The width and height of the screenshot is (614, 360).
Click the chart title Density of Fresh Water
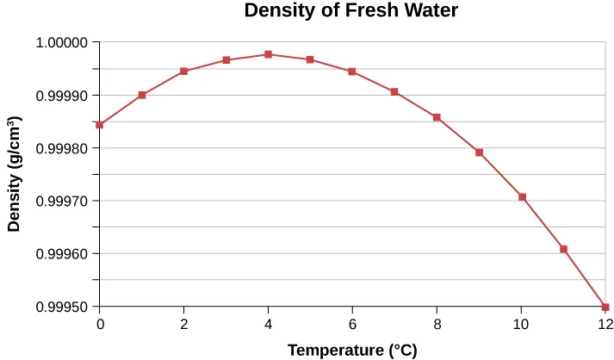[x=350, y=11]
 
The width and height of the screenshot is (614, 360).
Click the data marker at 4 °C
[x=269, y=54]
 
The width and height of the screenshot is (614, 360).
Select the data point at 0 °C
[x=100, y=125]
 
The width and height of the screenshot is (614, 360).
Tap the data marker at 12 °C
[x=605, y=307]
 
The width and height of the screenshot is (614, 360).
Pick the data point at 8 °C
[x=437, y=117]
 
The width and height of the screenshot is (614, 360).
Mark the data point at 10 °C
[x=521, y=197]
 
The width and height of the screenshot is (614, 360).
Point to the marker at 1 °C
[x=142, y=95]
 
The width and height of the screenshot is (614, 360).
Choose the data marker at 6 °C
[x=352, y=71]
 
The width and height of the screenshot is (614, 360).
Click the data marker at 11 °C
[x=563, y=249]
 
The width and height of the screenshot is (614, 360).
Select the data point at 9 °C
[x=479, y=152]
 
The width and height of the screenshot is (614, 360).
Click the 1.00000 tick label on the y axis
[x=62, y=42]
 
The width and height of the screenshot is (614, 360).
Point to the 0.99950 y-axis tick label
[x=62, y=307]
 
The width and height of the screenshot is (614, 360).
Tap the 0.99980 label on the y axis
[x=62, y=148]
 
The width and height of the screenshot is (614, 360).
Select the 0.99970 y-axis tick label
[x=62, y=202]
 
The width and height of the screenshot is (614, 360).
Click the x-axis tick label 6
[x=352, y=325]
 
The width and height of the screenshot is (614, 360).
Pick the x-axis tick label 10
[x=521, y=325]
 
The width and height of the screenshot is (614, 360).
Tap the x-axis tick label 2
[x=183, y=325]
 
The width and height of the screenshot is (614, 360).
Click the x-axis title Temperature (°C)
[x=352, y=350]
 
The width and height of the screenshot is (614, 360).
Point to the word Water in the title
[x=430, y=11]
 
